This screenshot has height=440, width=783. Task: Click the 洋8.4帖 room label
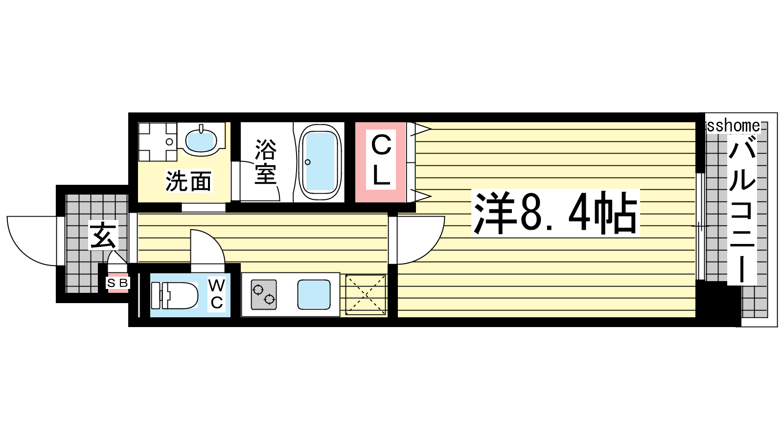point(555,213)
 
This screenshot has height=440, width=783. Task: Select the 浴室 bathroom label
point(266,162)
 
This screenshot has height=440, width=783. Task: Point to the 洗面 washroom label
point(188,181)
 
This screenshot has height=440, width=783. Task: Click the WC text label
point(216,294)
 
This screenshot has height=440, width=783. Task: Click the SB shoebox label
point(118,283)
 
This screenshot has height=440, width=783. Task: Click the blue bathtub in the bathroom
point(320,162)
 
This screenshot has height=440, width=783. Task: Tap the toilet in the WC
point(174,295)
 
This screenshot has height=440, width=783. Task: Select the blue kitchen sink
point(314,294)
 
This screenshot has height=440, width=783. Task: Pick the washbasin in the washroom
point(201,139)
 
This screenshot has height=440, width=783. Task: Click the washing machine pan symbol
point(157,142)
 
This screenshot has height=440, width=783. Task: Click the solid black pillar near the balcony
point(718,303)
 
